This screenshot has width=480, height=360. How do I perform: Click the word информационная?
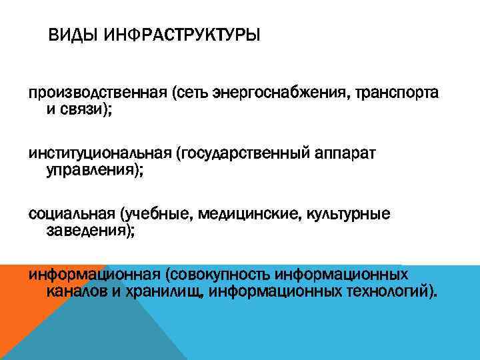[x=93, y=275]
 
